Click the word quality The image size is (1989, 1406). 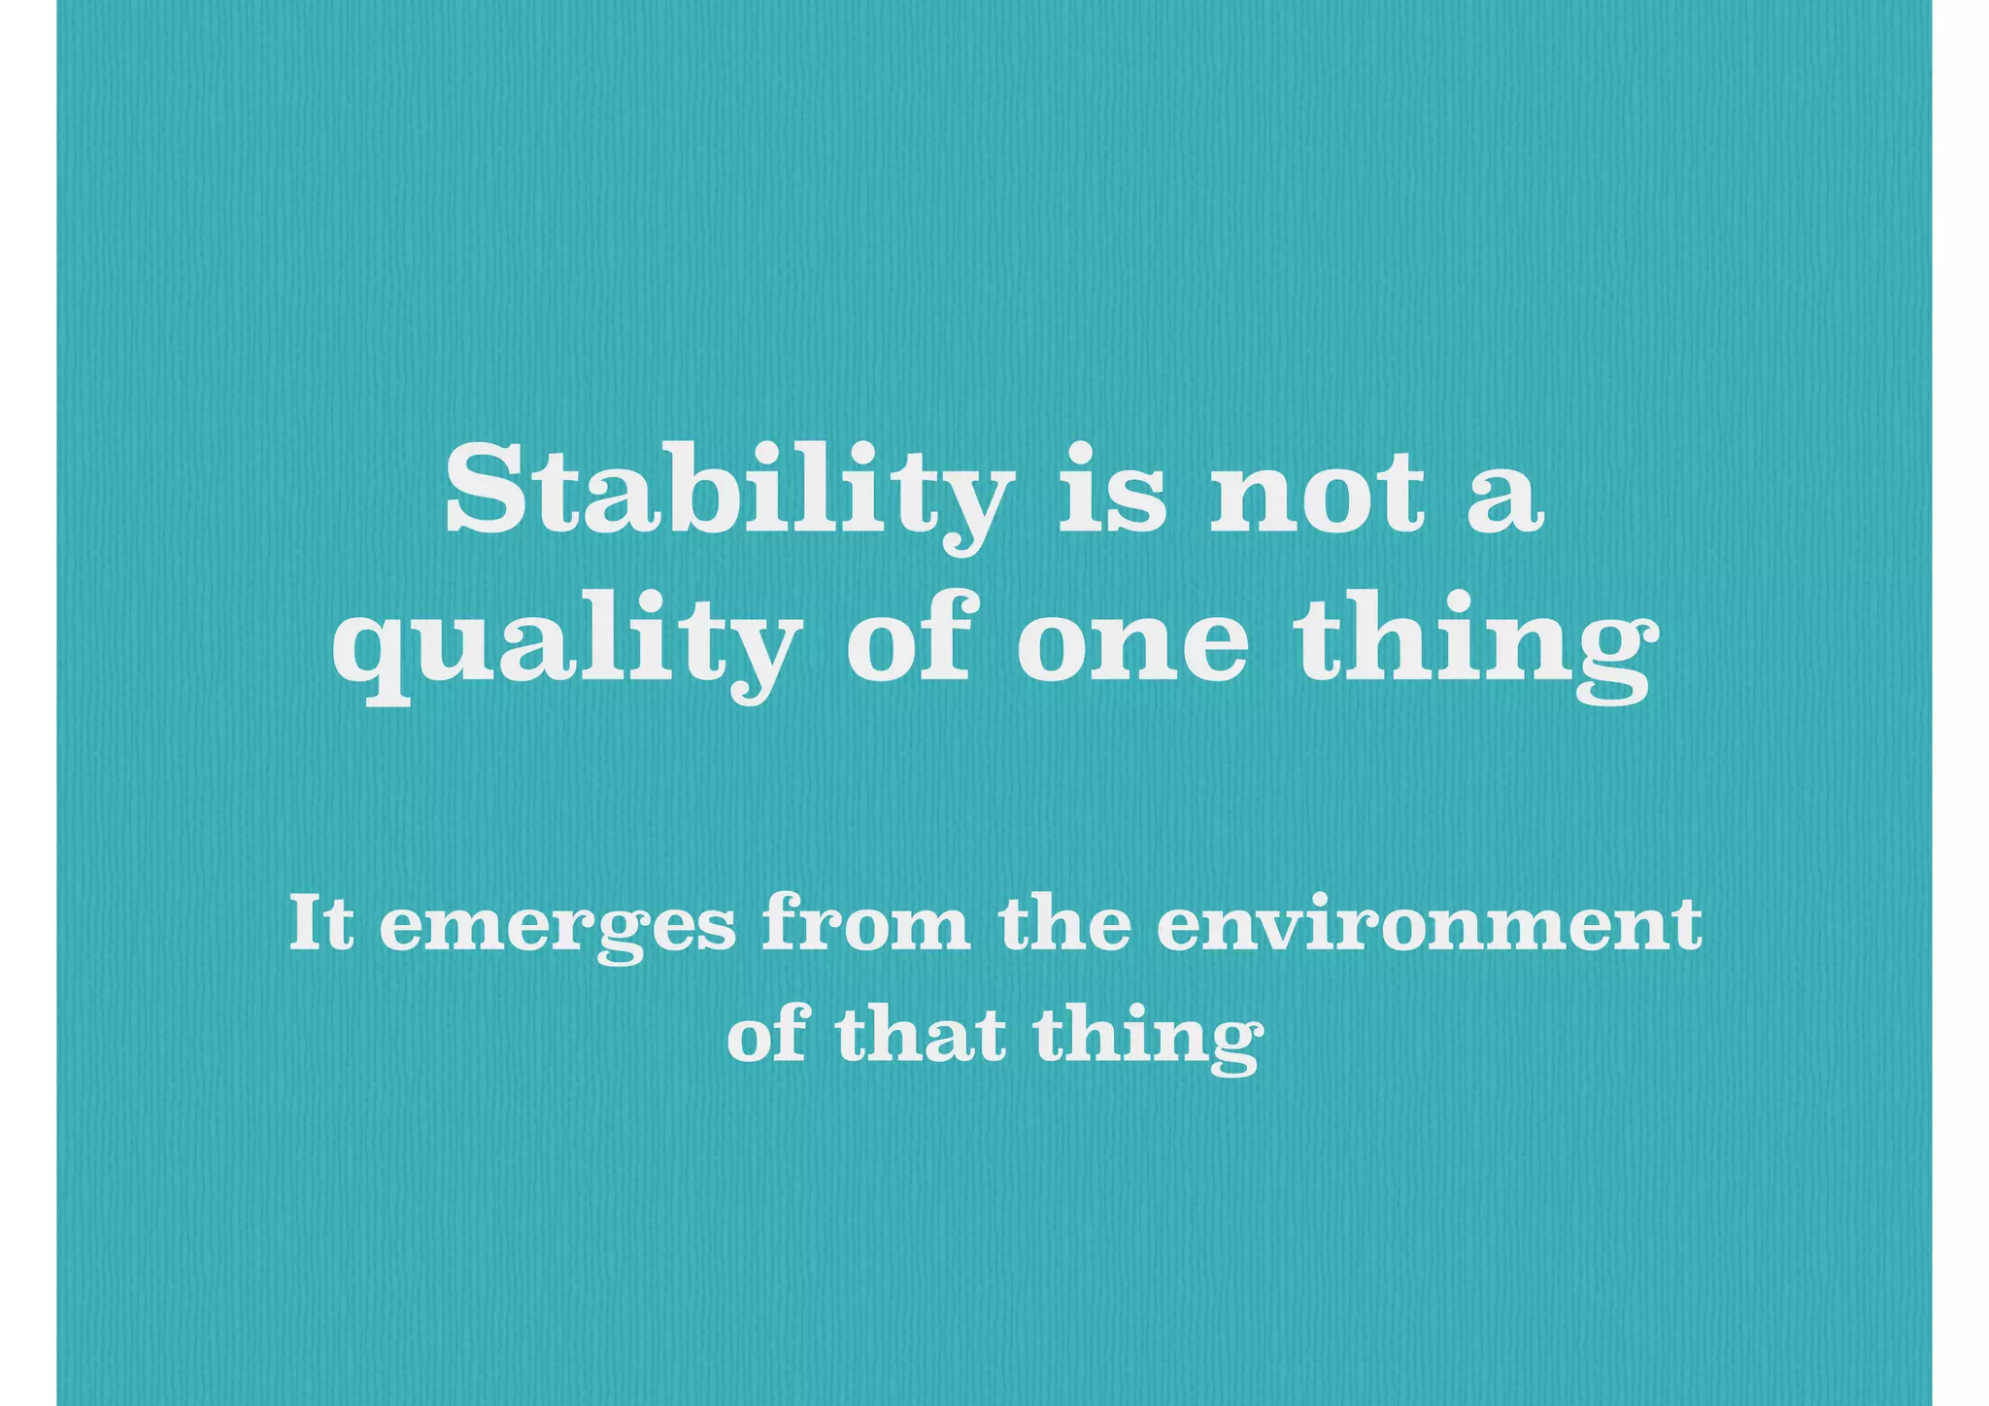[562, 646]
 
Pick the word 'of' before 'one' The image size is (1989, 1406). [909, 636]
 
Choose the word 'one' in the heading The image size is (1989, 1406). [1132, 647]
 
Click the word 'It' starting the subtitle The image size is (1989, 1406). [320, 923]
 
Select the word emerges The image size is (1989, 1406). [557, 929]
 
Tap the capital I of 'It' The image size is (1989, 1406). [307, 923]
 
